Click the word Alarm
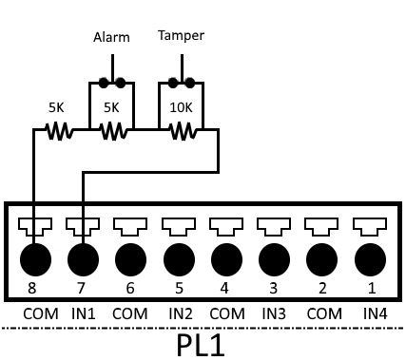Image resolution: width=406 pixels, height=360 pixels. click(x=111, y=37)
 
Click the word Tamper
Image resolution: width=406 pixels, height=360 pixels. click(x=181, y=35)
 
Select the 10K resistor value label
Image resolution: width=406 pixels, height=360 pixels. click(x=181, y=107)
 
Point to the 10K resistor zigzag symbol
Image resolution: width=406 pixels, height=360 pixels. click(x=184, y=131)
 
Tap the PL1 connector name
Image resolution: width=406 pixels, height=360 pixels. click(x=201, y=345)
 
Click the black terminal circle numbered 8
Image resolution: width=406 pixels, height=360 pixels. click(x=35, y=259)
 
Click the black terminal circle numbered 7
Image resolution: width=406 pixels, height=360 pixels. click(x=83, y=259)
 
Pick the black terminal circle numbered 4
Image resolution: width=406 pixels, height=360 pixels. click(x=226, y=259)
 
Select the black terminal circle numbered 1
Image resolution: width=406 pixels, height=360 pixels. click(x=370, y=259)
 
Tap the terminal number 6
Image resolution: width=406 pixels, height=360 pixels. click(x=130, y=288)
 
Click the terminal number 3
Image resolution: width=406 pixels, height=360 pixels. click(x=273, y=288)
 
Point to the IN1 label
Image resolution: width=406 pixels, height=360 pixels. click(x=84, y=313)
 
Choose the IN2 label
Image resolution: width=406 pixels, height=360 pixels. click(x=181, y=313)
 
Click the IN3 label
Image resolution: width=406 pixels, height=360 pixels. click(x=274, y=313)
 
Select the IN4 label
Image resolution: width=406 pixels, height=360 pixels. click(x=376, y=313)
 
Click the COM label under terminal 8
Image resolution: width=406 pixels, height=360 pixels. click(x=41, y=313)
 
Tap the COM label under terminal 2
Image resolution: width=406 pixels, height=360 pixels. click(x=324, y=313)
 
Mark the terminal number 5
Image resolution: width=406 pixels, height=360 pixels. click(x=179, y=288)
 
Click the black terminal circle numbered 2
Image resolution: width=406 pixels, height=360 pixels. click(x=321, y=259)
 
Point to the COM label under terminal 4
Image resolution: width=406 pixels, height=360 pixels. click(x=227, y=313)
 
